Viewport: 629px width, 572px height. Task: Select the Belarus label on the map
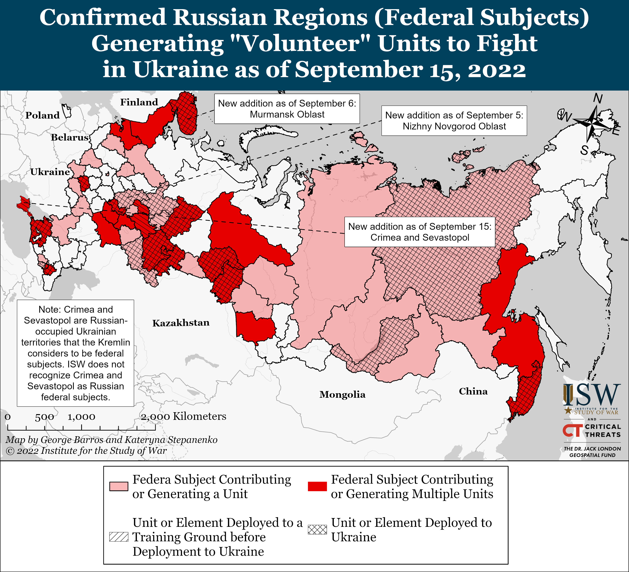coord(70,137)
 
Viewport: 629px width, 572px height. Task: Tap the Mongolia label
coord(342,394)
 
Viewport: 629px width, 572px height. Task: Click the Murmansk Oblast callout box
coord(287,109)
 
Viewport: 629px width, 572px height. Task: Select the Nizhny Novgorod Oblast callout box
coord(454,121)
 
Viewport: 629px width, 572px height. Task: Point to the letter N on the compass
coord(598,99)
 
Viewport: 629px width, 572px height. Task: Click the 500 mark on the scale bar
coord(44,417)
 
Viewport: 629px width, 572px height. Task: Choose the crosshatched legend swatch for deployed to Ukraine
coord(317,529)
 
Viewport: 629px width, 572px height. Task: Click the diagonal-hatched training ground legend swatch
coord(119,537)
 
